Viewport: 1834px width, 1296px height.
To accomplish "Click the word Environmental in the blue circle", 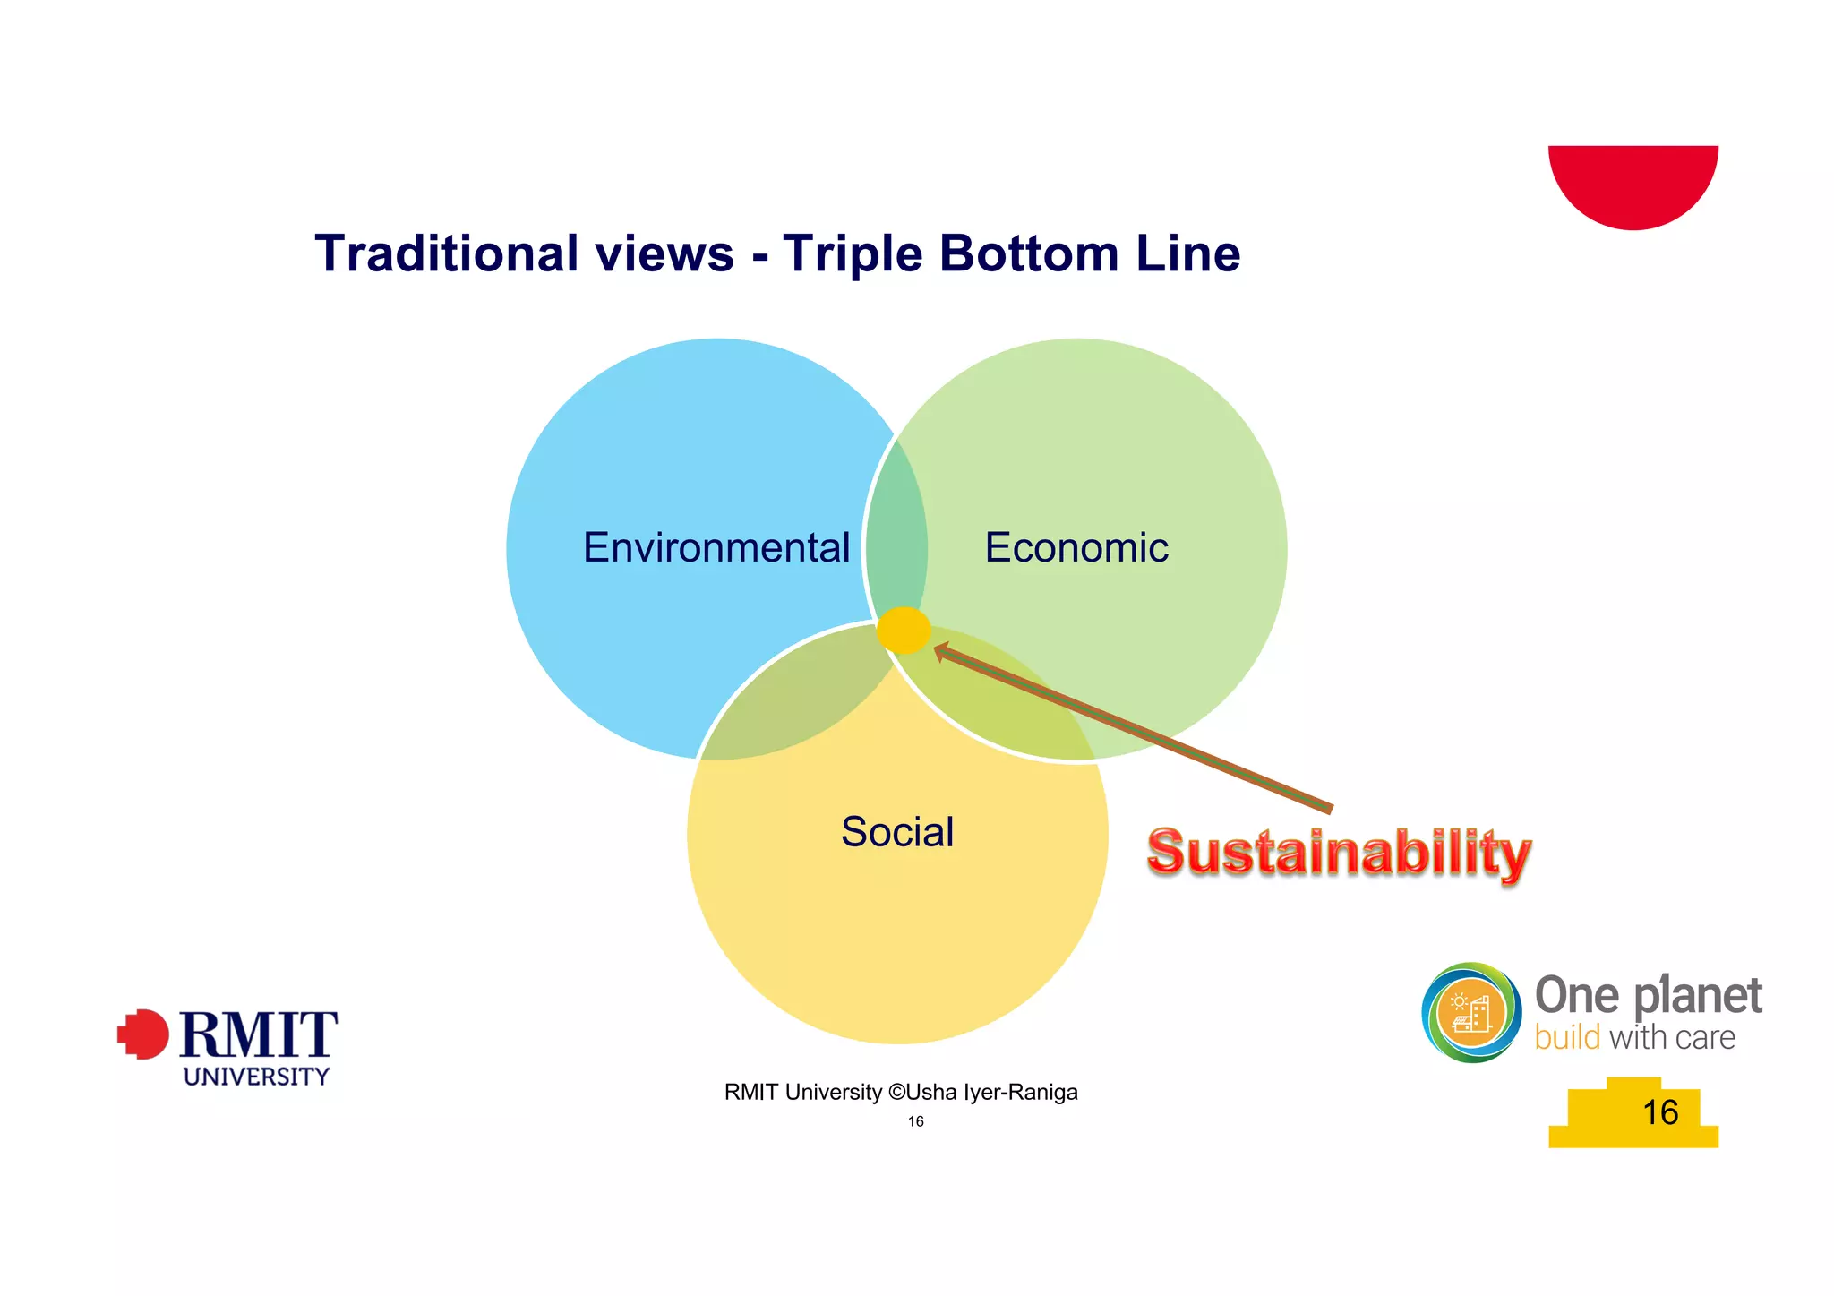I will (716, 548).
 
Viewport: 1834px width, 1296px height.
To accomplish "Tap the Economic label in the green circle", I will (1076, 548).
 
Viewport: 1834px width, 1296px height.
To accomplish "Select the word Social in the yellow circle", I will (897, 832).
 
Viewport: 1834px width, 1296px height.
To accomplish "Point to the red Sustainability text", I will (1339, 852).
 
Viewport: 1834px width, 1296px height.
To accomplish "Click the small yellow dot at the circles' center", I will (904, 631).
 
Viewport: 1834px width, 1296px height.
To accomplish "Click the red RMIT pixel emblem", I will (143, 1034).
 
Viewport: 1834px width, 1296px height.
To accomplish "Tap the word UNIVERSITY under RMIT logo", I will (256, 1077).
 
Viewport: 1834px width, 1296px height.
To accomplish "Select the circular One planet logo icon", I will (1471, 1013).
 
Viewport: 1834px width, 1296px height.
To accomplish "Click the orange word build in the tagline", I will (1567, 1038).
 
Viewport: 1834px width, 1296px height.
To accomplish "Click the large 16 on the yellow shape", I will (1660, 1112).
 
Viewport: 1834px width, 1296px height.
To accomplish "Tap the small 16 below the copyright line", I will (915, 1121).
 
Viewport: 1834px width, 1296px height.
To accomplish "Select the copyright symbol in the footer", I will (896, 1093).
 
